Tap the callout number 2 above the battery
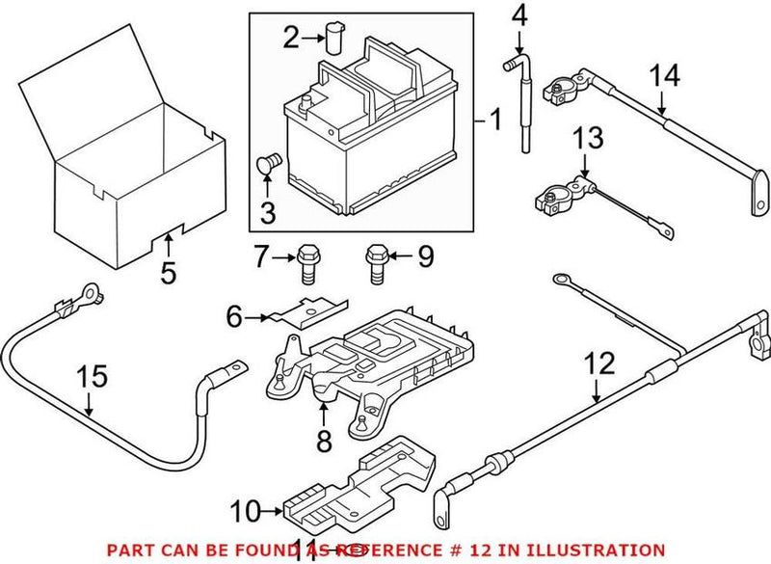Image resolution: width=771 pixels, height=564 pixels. pyautogui.click(x=290, y=39)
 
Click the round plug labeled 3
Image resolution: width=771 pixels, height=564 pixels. pyautogui.click(x=269, y=164)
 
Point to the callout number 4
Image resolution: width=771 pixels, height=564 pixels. pyautogui.click(x=519, y=15)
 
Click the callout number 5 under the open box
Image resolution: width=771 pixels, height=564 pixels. pyautogui.click(x=169, y=273)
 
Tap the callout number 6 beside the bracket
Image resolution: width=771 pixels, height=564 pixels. pyautogui.click(x=233, y=315)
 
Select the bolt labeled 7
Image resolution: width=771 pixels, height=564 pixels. pyautogui.click(x=307, y=261)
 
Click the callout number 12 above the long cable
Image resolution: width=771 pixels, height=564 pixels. pyautogui.click(x=598, y=364)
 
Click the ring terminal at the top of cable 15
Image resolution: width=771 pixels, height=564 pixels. pyautogui.click(x=91, y=288)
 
